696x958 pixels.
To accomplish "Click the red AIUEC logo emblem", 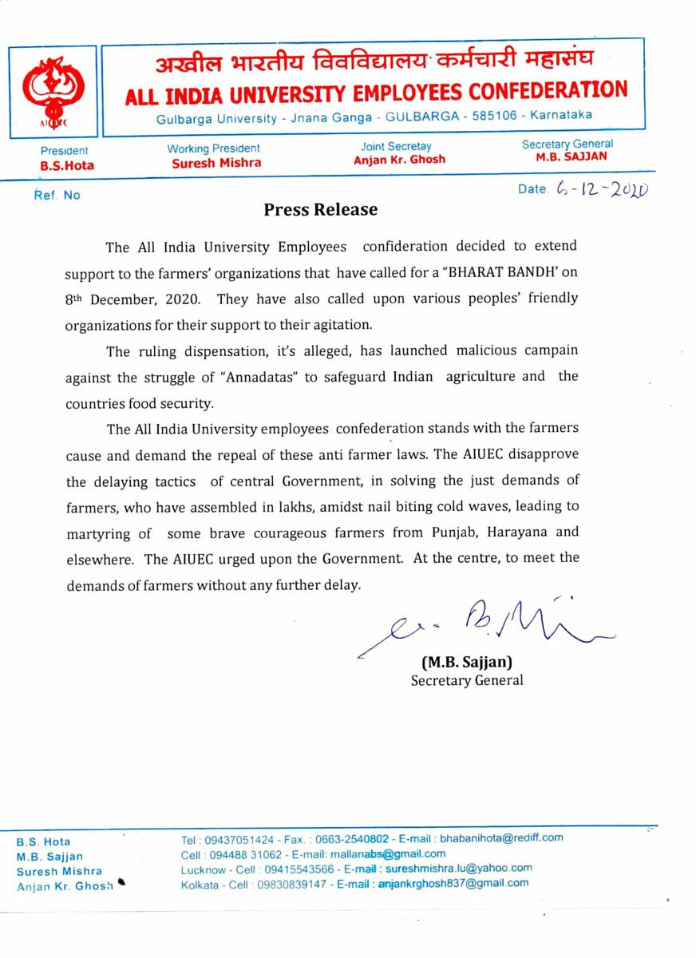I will [x=52, y=91].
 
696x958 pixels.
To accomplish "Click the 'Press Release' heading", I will [x=320, y=210].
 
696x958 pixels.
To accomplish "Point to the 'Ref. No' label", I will [x=57, y=195].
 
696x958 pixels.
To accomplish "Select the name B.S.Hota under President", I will [x=67, y=166].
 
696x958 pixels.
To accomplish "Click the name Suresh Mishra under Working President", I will [x=216, y=163].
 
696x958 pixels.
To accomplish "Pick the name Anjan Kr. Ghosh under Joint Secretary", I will [x=399, y=159].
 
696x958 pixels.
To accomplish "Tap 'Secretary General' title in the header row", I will [x=567, y=144].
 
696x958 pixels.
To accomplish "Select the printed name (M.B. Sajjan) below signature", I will [x=467, y=662].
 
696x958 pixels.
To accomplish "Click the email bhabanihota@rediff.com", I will [x=501, y=837].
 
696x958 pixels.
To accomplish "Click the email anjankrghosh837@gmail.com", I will [x=453, y=883].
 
